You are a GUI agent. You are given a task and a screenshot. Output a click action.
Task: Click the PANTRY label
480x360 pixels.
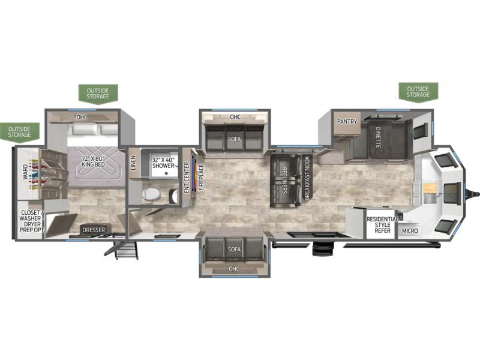pos(347,122)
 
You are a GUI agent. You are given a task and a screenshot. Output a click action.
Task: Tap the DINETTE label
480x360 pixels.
pos(378,137)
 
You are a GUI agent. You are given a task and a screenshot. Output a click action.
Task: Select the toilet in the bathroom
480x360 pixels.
pos(151,194)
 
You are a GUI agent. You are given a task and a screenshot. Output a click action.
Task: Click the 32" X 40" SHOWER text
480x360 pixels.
pos(163,163)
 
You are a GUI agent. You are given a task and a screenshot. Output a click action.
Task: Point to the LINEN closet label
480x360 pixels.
pos(133,163)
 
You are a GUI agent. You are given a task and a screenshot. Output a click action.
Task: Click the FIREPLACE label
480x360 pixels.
pos(201,177)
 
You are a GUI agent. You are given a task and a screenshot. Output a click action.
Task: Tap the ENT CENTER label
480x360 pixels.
pos(187,178)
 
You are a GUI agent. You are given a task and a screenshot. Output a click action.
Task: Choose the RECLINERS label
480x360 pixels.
pos(284,181)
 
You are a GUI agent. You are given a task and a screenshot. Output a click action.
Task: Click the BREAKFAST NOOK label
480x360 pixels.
pos(307,178)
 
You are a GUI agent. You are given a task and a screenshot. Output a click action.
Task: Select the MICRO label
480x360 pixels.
pos(410,230)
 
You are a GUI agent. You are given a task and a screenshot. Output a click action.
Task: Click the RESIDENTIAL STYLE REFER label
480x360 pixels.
pos(383,224)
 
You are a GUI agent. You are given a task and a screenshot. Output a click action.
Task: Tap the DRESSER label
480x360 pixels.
pos(94,230)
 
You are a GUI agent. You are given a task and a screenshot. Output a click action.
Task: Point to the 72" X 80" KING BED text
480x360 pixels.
pos(94,161)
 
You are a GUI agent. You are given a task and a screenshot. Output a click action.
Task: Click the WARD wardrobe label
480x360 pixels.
pos(25,172)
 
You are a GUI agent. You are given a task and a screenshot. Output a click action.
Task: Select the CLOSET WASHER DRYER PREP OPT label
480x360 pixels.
pos(31,221)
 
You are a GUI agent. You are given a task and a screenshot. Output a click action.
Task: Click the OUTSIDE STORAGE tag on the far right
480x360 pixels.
pos(418,92)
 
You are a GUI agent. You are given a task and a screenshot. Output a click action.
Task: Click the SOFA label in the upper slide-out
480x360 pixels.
pos(234,139)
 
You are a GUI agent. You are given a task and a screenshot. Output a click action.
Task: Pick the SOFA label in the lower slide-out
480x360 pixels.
pos(234,249)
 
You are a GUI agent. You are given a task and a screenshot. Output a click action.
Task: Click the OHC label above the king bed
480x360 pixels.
pos(82,117)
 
